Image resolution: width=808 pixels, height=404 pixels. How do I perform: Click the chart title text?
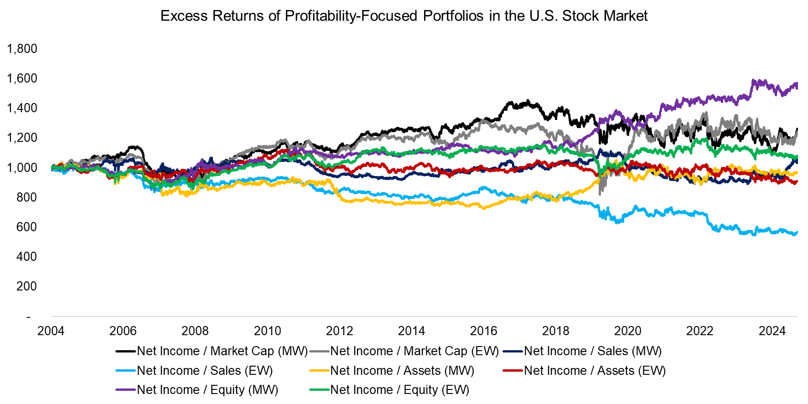pos(404,16)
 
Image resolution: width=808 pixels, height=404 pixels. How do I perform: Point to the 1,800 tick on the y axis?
pos(22,49)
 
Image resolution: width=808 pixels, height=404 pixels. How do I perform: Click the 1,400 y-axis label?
pos(22,108)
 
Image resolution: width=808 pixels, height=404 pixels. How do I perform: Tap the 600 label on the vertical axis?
pos(26,227)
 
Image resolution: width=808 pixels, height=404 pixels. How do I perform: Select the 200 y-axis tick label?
pos(26,286)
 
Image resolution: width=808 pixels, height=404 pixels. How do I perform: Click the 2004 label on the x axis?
pos(51,331)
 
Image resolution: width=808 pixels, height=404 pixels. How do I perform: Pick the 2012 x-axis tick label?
pos(339,331)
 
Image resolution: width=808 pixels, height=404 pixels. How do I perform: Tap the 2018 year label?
pos(555,331)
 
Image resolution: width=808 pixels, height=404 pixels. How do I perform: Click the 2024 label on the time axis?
pos(772,331)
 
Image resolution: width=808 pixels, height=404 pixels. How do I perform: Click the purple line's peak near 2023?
pos(753,81)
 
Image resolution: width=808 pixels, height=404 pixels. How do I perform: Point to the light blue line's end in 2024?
pos(796,233)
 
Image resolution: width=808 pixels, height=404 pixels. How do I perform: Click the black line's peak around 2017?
pos(528,101)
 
